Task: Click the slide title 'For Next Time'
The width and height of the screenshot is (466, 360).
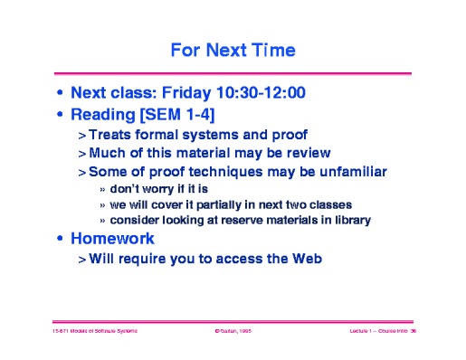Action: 233,47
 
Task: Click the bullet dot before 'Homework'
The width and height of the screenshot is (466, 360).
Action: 61,240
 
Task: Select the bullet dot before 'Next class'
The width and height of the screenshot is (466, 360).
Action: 61,92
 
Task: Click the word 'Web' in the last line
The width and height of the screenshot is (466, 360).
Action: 304,259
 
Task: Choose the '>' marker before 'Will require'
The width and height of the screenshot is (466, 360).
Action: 82,260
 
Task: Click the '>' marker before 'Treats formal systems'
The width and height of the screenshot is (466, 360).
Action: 82,134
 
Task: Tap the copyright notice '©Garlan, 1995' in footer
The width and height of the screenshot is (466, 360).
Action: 232,333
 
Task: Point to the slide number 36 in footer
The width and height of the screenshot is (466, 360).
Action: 412,333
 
